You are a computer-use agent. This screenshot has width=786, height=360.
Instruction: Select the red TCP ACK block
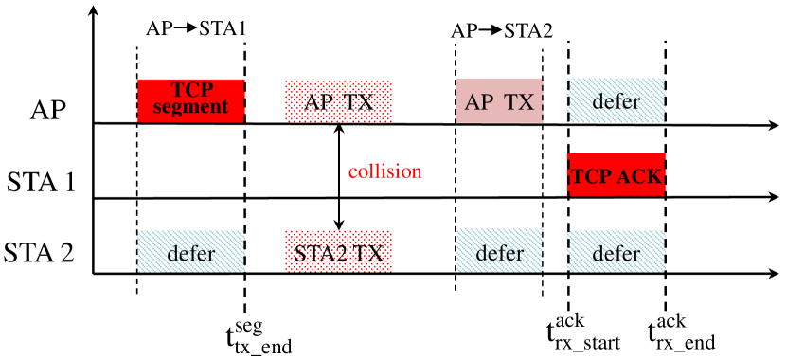point(616,175)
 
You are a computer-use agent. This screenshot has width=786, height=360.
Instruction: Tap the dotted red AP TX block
point(338,100)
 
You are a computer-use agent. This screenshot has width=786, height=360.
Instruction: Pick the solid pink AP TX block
point(499,100)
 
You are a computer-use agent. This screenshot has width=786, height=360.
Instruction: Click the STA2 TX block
point(338,253)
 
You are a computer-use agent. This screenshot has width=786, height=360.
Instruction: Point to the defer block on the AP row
point(616,100)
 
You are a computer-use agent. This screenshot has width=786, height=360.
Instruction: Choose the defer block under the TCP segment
point(191,253)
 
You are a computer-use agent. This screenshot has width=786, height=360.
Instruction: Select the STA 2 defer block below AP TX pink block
point(499,253)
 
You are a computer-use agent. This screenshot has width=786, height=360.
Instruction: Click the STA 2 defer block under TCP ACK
point(616,253)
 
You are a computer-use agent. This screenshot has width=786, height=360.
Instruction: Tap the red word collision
point(384,171)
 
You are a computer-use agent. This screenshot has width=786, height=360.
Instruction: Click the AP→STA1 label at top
point(196,28)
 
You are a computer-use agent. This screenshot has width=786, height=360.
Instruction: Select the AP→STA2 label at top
point(501,28)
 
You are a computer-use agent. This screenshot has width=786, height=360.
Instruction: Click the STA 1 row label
point(41,180)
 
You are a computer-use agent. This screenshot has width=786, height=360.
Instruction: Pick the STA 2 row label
point(41,254)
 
